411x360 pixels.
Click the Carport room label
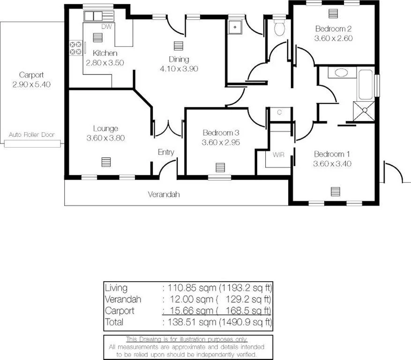[31, 75]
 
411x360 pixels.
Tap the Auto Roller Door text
[32, 135]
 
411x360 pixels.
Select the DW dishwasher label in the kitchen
[106, 27]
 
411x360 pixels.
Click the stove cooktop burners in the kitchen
[75, 48]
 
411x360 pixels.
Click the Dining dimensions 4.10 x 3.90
[179, 68]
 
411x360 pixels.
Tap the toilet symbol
[279, 28]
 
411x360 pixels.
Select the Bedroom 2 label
[333, 29]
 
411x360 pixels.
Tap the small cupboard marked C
[279, 112]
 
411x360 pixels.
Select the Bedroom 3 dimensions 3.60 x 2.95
[221, 142]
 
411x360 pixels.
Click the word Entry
[166, 152]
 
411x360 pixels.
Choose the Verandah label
[164, 194]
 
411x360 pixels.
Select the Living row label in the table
[116, 288]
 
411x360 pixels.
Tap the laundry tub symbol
[234, 27]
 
